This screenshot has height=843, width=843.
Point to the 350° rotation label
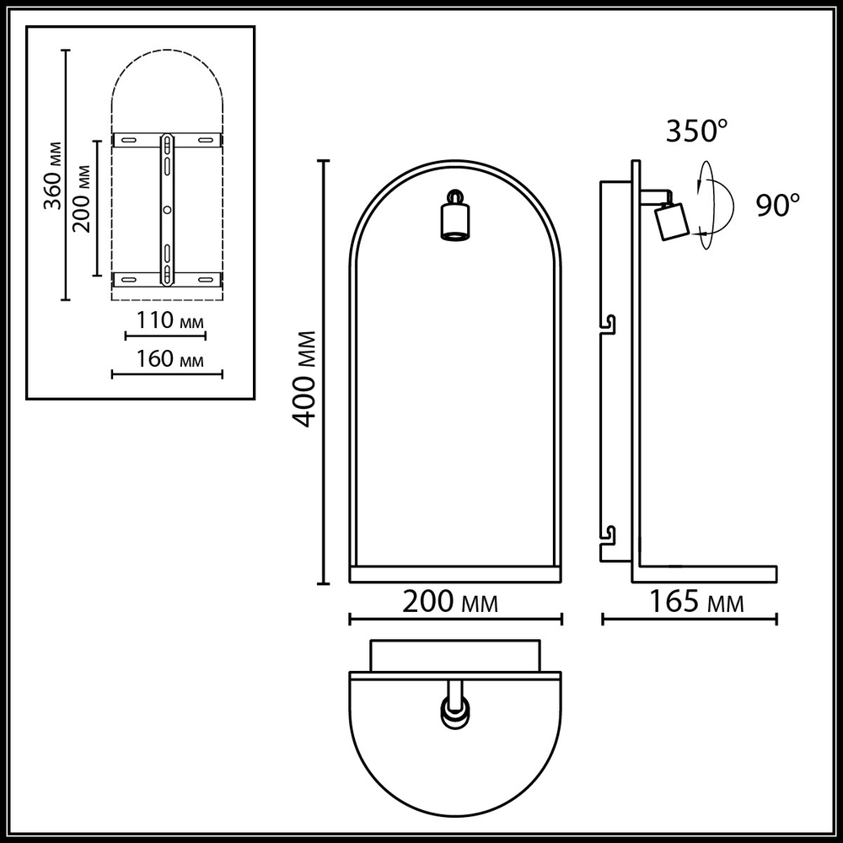[696, 131]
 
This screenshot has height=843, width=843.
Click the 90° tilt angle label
[777, 205]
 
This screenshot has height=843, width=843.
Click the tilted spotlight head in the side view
[672, 222]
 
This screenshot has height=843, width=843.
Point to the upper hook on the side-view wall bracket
[609, 324]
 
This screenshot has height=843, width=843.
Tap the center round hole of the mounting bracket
[167, 208]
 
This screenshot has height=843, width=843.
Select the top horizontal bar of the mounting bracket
[167, 138]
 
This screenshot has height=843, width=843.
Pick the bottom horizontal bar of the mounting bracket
[167, 277]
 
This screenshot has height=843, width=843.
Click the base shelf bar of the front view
[455, 574]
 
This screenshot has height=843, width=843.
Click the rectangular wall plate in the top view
[455, 655]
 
